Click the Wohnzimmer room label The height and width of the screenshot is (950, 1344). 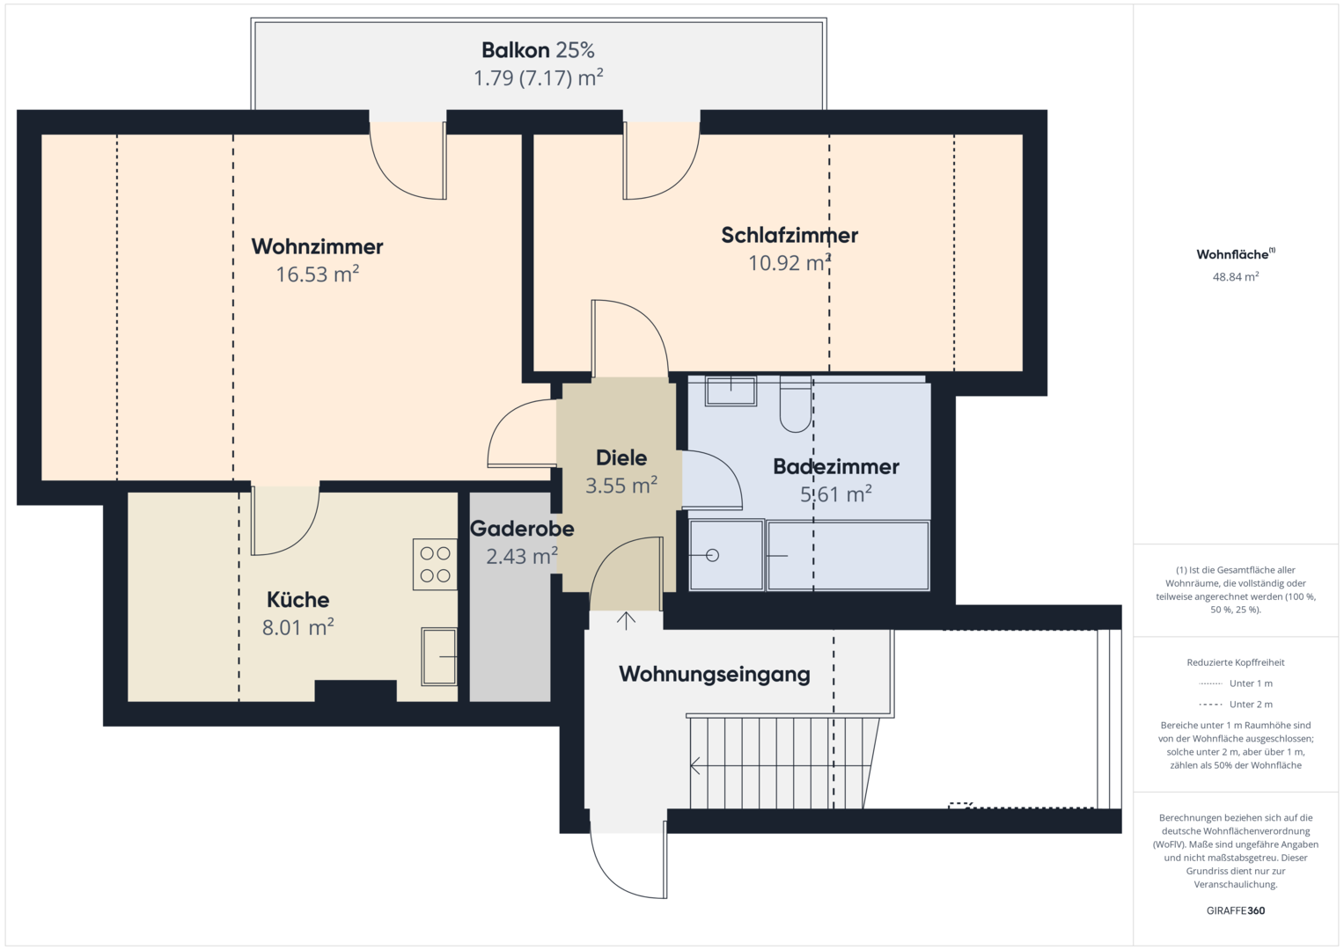[317, 246]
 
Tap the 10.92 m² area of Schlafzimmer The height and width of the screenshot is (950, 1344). [789, 263]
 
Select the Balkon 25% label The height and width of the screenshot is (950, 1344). [538, 50]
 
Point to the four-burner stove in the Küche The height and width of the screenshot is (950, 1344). [435, 565]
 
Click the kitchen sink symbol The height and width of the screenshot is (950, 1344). [439, 656]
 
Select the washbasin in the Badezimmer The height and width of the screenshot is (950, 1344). [731, 391]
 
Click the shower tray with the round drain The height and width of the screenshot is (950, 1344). [727, 555]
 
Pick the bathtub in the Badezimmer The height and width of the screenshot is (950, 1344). [848, 556]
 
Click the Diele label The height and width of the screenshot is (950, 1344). [621, 458]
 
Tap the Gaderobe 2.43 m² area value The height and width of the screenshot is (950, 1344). [521, 557]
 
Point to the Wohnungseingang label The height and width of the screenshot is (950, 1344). [714, 674]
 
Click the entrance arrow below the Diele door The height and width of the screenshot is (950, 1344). [626, 621]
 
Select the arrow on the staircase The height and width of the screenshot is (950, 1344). [780, 766]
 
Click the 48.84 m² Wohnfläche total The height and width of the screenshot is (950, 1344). [1236, 276]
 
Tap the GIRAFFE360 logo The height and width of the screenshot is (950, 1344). [1236, 910]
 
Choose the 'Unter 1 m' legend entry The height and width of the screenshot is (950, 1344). [1236, 683]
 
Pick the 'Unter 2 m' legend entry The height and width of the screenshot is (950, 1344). [1236, 704]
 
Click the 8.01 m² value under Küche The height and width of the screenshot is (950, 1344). [297, 627]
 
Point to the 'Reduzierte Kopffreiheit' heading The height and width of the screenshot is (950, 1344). [1236, 662]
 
